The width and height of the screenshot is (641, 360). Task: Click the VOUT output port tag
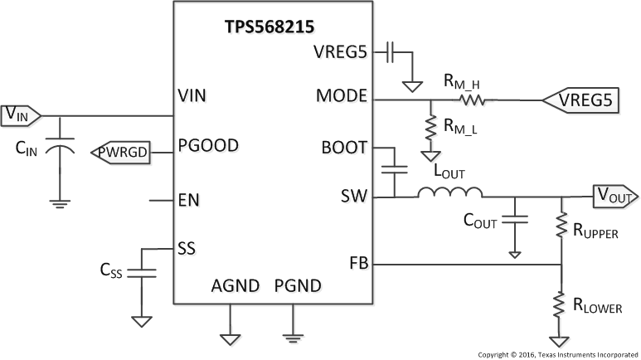614,197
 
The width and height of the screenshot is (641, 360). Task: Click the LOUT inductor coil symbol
449,193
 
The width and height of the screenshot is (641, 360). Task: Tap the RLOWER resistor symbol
562,305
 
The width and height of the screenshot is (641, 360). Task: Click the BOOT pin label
343,148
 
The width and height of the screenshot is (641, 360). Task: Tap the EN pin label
188,199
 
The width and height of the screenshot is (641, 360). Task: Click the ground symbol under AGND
228,338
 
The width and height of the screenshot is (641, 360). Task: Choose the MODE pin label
341,95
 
